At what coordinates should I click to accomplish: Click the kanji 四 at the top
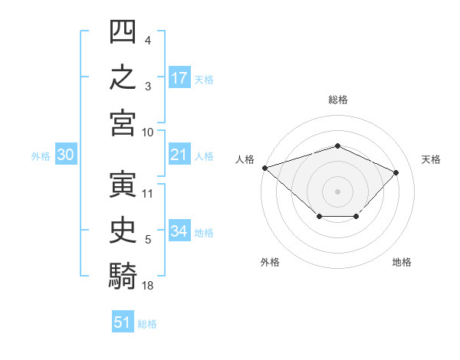click(x=123, y=31)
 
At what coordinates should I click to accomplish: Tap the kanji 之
click(x=123, y=77)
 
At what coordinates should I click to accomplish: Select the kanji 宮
click(x=123, y=123)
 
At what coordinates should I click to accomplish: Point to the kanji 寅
click(x=123, y=185)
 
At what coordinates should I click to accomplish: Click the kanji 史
click(x=123, y=231)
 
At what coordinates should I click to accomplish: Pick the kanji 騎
click(x=123, y=276)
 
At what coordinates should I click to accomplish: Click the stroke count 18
click(x=147, y=286)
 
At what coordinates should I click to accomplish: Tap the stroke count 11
click(x=147, y=194)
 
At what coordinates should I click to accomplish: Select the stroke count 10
click(x=147, y=133)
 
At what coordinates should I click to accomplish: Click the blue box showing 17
click(x=179, y=77)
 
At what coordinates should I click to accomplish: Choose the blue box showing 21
click(x=179, y=154)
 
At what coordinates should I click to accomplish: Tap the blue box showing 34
click(x=179, y=231)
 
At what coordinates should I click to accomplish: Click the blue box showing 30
click(x=66, y=154)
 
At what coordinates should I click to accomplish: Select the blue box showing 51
click(x=123, y=321)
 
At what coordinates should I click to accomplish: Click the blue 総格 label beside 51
click(x=147, y=324)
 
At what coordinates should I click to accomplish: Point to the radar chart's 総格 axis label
click(x=338, y=100)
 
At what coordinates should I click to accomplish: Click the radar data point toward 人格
click(x=265, y=168)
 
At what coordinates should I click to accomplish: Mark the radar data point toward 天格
click(x=396, y=172)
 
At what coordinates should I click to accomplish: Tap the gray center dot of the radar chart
click(x=337, y=191)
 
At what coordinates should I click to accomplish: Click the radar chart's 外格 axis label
click(x=270, y=262)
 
